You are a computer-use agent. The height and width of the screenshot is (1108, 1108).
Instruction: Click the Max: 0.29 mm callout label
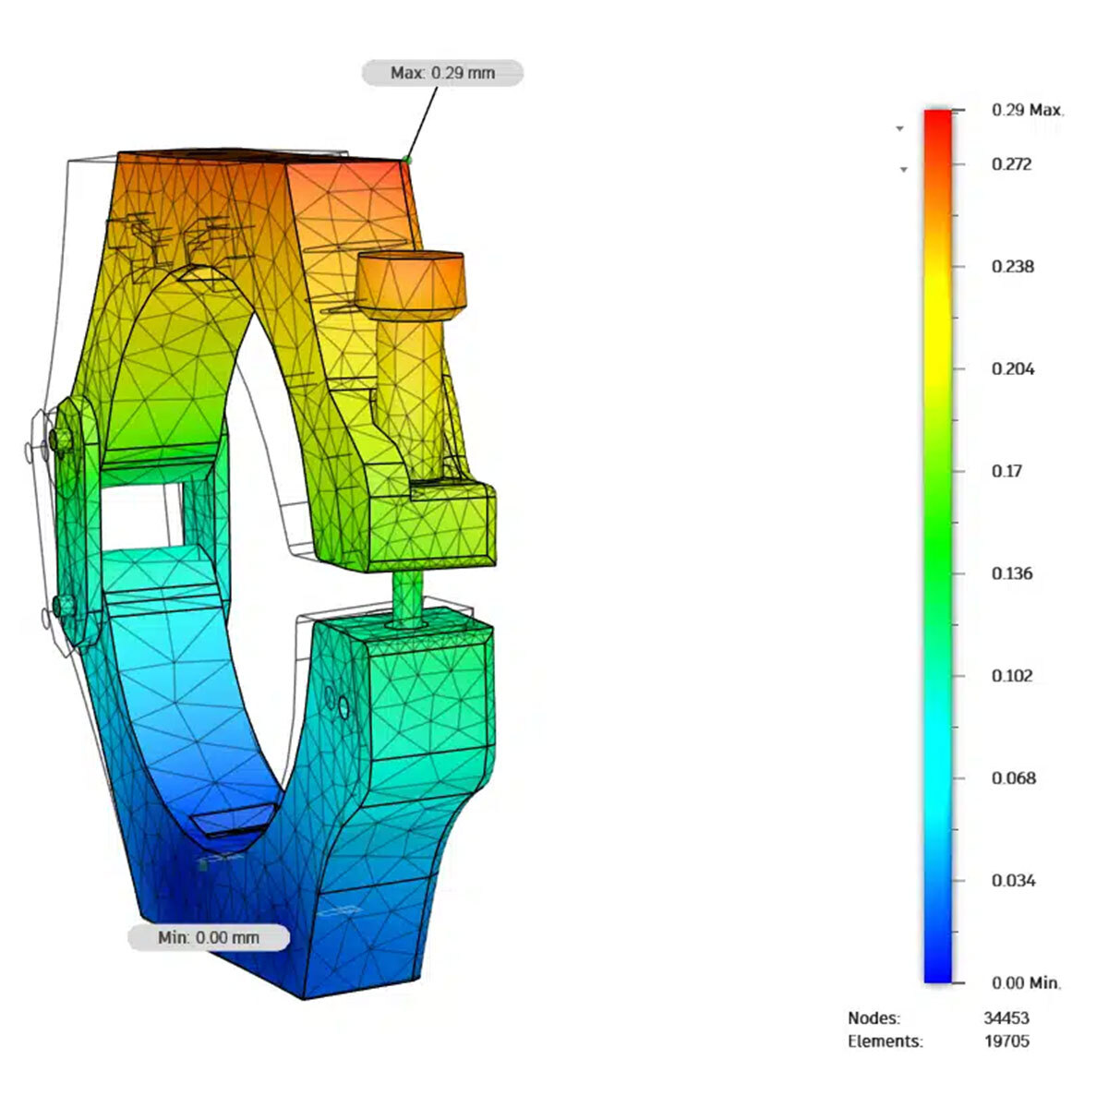click(x=442, y=73)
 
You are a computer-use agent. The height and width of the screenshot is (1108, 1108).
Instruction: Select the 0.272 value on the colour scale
click(x=1012, y=164)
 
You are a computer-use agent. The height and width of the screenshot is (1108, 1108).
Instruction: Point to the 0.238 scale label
click(x=1013, y=267)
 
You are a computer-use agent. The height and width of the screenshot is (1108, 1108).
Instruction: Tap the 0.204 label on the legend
click(x=1013, y=369)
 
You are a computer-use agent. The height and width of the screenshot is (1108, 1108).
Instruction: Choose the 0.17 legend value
click(x=1006, y=472)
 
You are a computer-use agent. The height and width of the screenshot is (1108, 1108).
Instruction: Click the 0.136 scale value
click(x=1012, y=573)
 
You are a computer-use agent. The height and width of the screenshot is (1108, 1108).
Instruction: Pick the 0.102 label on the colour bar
click(x=1012, y=676)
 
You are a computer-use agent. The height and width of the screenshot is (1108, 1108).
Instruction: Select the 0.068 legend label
click(x=1013, y=778)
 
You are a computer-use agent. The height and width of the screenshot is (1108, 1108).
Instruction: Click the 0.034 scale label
click(x=1013, y=881)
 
